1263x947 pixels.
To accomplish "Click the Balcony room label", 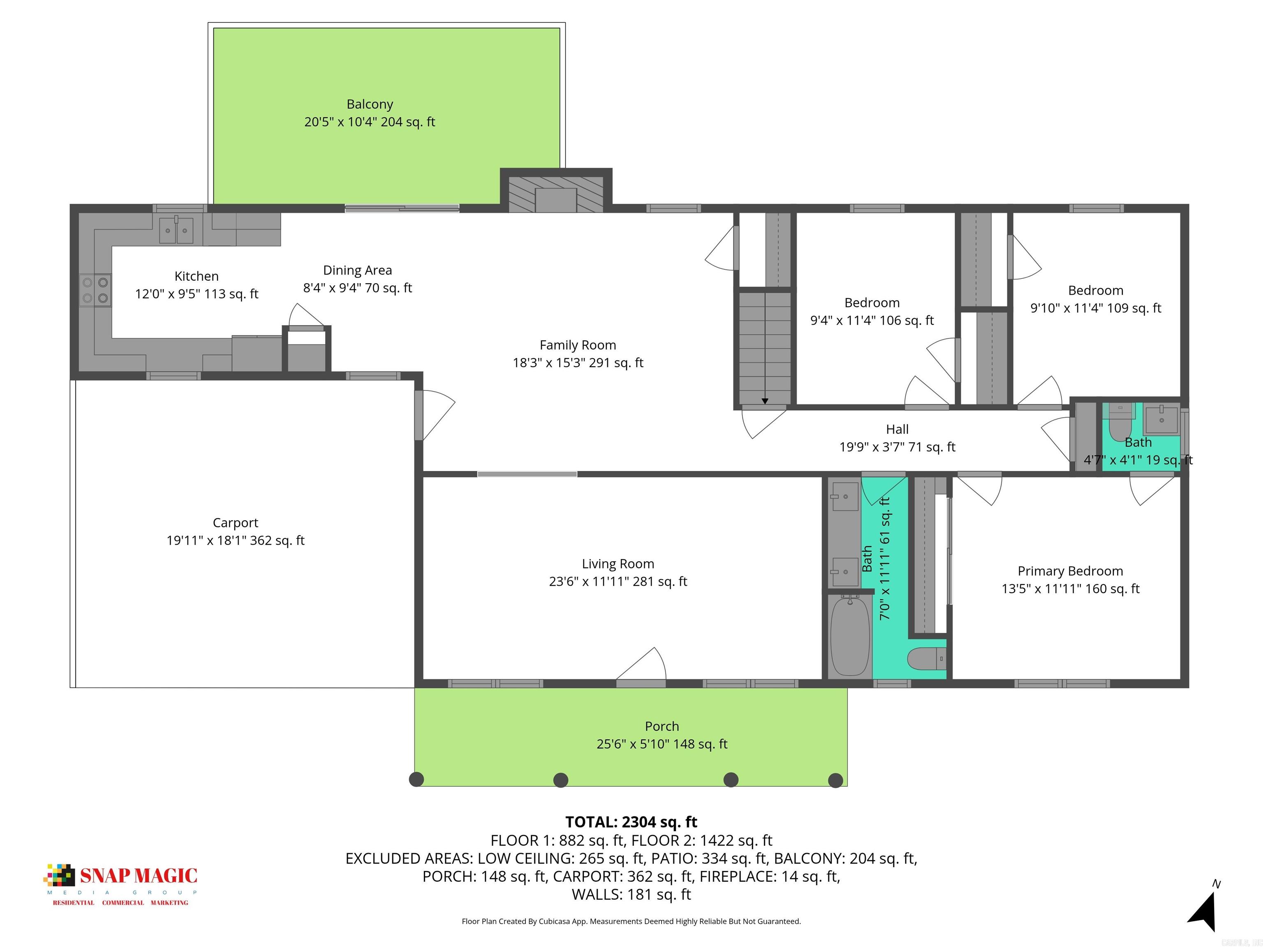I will coord(370,104).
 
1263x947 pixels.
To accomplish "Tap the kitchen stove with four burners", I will coord(95,290).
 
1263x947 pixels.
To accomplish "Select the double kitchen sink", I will coord(176,230).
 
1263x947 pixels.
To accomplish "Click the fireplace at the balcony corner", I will coord(555,194).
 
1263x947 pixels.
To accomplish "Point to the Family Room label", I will coord(577,345).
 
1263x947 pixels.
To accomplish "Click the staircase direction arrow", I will coord(765,401).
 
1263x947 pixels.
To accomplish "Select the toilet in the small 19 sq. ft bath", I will coord(1120,423).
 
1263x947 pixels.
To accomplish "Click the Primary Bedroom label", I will coord(1070,571).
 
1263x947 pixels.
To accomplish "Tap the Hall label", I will coord(897,429).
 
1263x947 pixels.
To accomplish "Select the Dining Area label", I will coord(357,270).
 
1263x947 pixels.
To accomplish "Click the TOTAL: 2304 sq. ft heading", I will coord(631,822).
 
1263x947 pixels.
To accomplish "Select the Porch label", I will coord(662,727).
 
